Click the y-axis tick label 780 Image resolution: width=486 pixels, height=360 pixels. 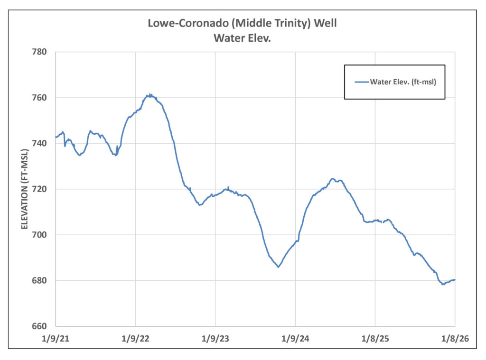[41, 52]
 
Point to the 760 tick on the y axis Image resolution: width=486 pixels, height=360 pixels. [41, 98]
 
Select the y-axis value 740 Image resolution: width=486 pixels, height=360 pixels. [41, 143]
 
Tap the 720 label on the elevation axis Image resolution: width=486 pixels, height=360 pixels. [41, 189]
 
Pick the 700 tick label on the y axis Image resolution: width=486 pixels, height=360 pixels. [41, 235]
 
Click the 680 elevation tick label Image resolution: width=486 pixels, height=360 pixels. [41, 281]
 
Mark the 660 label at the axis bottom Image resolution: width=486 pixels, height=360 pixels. [41, 326]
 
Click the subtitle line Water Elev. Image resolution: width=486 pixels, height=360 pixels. [242, 38]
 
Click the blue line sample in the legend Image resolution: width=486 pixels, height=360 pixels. [362, 82]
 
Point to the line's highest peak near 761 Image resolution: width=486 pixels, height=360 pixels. [150, 95]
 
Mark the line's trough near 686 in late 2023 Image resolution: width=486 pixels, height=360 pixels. [278, 267]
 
